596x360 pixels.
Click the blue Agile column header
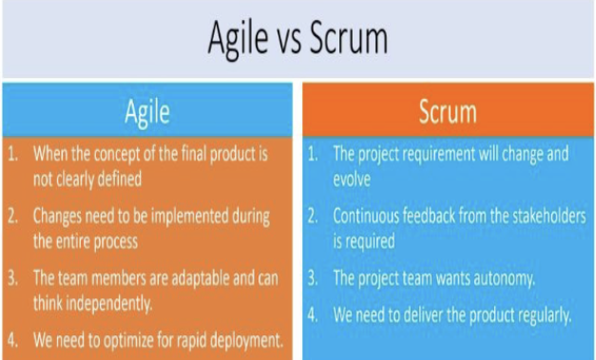[x=147, y=110]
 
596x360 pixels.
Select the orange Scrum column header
[x=448, y=110]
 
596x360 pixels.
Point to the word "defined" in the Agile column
[x=120, y=179]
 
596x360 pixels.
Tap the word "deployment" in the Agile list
[x=247, y=341]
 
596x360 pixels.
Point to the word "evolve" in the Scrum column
[x=352, y=180]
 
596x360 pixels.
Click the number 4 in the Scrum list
[x=312, y=315]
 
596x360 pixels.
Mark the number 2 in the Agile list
[x=12, y=216]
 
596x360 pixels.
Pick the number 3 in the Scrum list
[x=312, y=278]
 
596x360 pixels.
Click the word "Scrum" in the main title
[x=349, y=38]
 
